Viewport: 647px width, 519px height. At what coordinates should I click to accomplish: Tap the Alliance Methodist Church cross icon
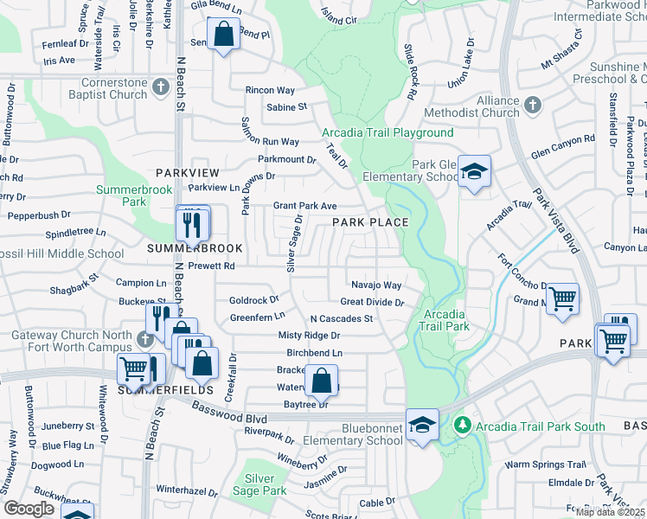[532, 105]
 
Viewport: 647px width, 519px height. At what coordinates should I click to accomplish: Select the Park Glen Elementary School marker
[474, 171]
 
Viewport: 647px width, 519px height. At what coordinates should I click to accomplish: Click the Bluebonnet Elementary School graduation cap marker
[421, 425]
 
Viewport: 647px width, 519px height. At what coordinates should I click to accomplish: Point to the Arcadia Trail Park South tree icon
[463, 425]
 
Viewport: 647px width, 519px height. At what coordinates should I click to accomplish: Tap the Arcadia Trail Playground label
[388, 132]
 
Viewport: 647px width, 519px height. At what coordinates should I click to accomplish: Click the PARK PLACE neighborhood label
[371, 222]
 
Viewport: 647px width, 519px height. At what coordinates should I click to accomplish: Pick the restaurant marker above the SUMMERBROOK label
[193, 224]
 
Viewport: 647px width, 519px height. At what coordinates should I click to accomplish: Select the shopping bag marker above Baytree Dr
[321, 380]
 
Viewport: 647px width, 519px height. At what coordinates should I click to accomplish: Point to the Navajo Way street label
[376, 285]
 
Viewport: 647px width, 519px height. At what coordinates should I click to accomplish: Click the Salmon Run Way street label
[271, 141]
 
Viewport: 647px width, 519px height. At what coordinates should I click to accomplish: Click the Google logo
[29, 509]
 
